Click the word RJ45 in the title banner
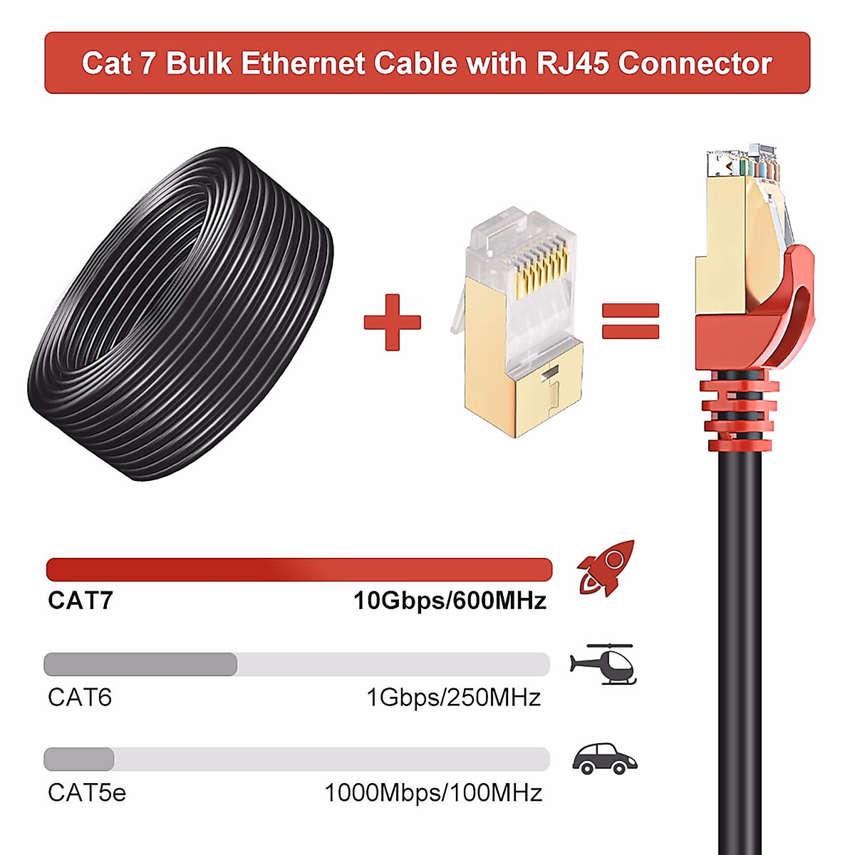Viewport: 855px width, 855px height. point(574,63)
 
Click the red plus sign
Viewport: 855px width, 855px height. point(392,322)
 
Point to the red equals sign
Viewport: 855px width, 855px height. point(631,321)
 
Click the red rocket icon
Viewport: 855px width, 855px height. point(606,568)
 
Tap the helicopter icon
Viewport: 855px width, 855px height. point(604,664)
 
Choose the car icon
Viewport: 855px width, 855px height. point(604,760)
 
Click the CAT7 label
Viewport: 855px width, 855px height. point(81,601)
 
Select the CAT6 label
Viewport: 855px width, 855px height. point(80,697)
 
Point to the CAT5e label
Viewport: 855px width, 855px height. point(87,792)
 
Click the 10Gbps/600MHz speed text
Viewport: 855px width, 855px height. point(450,601)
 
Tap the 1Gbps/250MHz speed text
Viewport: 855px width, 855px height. point(453,697)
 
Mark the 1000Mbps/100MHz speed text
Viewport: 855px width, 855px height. point(433,792)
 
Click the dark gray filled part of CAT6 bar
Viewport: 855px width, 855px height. point(140,664)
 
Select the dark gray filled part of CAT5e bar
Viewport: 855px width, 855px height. point(79,760)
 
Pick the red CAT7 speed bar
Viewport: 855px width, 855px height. point(299,569)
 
